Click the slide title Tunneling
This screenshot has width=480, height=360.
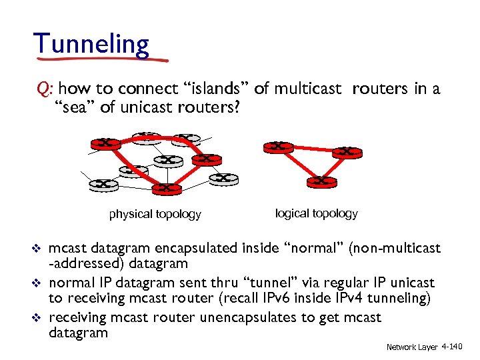(92, 44)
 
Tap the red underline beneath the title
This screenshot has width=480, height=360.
(100, 59)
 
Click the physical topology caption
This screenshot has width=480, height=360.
(155, 214)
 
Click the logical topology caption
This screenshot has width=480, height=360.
(316, 213)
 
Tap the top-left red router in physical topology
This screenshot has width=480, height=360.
(105, 143)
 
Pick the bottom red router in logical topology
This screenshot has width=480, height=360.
(321, 181)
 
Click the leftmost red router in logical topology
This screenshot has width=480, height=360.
(278, 147)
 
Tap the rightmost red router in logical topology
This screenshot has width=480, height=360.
(347, 152)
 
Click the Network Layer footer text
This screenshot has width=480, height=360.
(411, 347)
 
